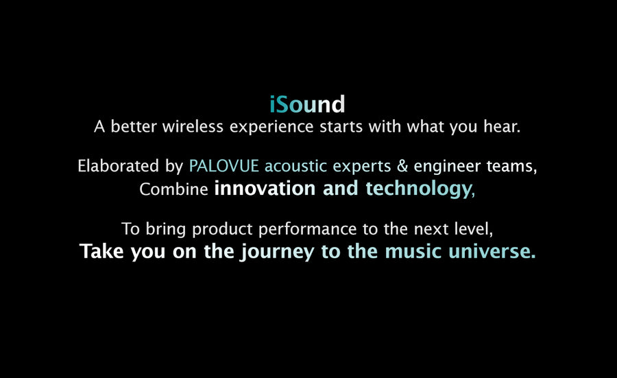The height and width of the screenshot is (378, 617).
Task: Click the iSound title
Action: coord(307,104)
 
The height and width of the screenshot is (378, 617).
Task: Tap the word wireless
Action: coord(193,127)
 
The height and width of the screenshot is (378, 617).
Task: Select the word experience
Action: coord(271,128)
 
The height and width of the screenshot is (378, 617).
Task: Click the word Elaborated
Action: coord(118,166)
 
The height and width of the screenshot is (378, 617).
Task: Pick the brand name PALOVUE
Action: coord(224,166)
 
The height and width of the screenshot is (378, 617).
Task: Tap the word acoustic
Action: coord(295,166)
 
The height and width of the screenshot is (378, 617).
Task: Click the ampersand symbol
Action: coord(402,166)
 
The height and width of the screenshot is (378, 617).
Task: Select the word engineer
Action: coord(447,167)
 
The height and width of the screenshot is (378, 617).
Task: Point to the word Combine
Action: coord(173,189)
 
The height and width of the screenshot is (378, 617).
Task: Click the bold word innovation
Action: coord(265,189)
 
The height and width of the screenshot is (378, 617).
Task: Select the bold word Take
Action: coord(102,251)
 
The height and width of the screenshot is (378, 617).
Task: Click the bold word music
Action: coord(413,252)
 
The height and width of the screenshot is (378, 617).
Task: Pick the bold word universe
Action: coord(490,252)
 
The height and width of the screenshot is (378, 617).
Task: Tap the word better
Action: coord(134,127)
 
